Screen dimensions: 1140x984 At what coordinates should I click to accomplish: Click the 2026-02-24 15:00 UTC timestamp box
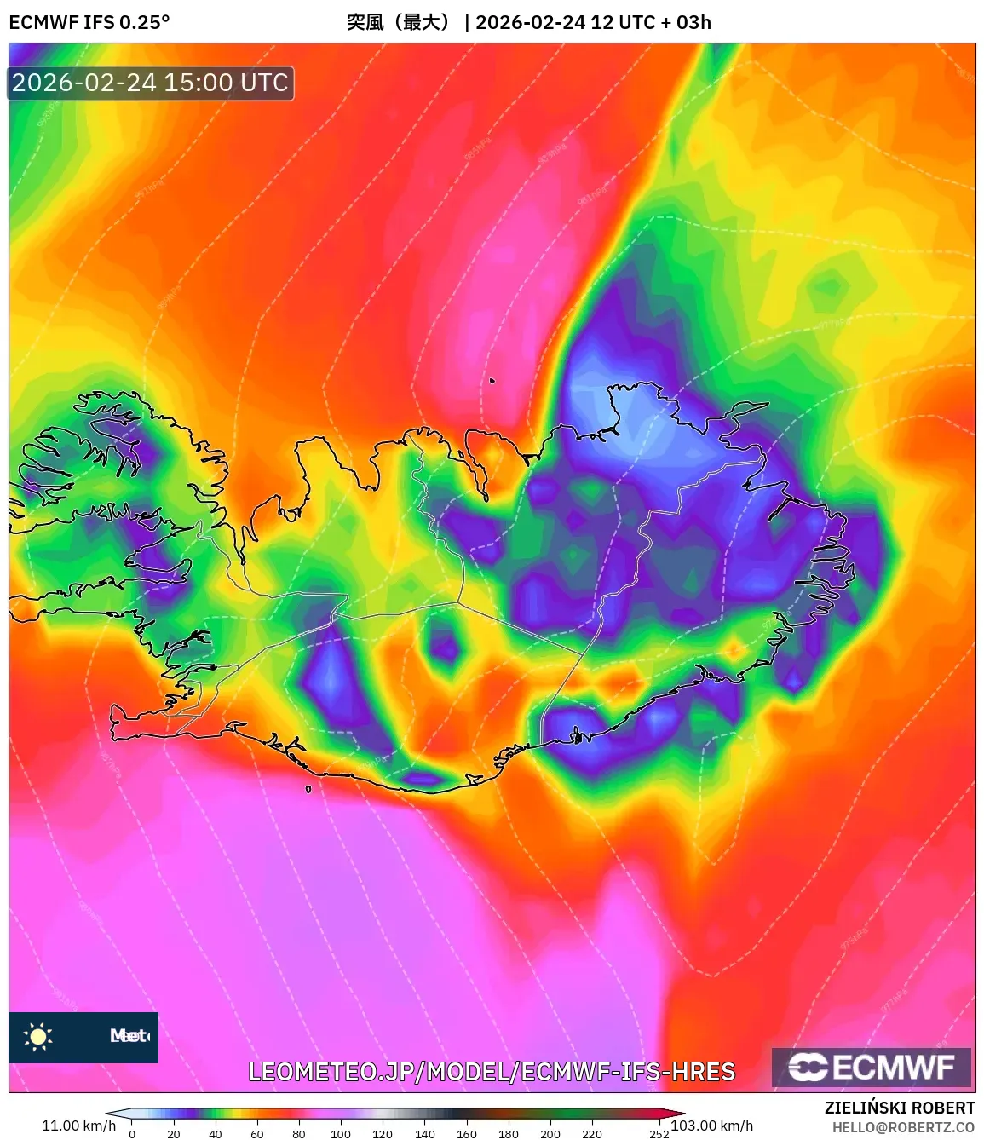pyautogui.click(x=151, y=83)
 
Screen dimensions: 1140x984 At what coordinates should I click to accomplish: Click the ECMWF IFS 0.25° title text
pyautogui.click(x=89, y=22)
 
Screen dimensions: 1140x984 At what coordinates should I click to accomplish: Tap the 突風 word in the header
pyautogui.click(x=365, y=22)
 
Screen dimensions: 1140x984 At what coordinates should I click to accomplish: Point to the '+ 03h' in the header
pyautogui.click(x=686, y=22)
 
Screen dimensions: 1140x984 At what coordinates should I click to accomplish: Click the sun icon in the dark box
pyautogui.click(x=38, y=1036)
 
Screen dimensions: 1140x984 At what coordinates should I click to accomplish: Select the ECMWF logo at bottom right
pyautogui.click(x=871, y=1067)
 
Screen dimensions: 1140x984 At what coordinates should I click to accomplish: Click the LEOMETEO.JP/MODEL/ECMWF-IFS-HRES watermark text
pyautogui.click(x=492, y=1072)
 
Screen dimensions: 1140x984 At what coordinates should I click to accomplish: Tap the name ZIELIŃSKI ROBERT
pyautogui.click(x=899, y=1108)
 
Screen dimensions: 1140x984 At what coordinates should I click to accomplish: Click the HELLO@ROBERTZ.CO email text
pyautogui.click(x=903, y=1127)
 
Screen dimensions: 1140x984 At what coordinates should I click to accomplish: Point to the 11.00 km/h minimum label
pyautogui.click(x=78, y=1126)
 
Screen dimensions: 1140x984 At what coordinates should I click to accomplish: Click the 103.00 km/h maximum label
pyautogui.click(x=712, y=1126)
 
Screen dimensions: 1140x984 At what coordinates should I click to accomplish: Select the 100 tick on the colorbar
pyautogui.click(x=340, y=1134)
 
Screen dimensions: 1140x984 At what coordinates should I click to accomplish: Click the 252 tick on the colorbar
pyautogui.click(x=659, y=1134)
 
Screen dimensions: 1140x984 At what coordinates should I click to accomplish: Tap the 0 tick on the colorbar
pyautogui.click(x=131, y=1134)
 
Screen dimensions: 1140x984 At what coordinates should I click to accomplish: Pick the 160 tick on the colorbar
pyautogui.click(x=466, y=1134)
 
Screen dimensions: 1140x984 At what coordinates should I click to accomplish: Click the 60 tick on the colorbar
pyautogui.click(x=256, y=1134)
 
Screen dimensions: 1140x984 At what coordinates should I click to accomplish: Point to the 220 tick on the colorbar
pyautogui.click(x=591, y=1134)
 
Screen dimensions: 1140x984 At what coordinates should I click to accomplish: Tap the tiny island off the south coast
pyautogui.click(x=308, y=789)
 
